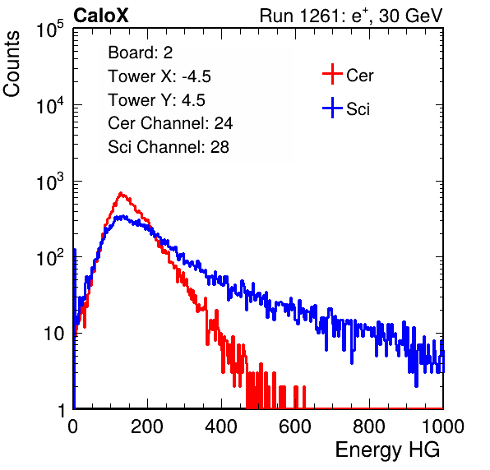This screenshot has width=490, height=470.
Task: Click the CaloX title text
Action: point(101,16)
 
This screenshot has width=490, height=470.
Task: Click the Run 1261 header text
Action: point(351,16)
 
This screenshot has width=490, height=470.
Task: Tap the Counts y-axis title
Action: point(12,64)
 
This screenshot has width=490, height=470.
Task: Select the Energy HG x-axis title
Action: point(387,450)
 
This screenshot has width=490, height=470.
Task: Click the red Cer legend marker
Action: point(332,74)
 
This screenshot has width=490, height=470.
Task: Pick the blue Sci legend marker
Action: point(332,108)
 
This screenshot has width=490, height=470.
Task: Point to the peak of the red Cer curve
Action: point(121,193)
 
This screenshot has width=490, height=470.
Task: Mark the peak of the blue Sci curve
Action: point(122,216)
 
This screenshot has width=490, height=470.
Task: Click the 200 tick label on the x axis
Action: point(147,426)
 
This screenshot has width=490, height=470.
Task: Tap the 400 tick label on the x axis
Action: point(221,426)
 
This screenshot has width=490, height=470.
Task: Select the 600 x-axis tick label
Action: point(295,426)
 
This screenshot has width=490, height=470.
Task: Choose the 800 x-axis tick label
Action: point(369,426)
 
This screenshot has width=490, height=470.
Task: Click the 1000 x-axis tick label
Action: point(443,426)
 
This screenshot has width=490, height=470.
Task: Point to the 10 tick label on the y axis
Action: point(54,334)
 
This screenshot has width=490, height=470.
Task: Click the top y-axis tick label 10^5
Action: point(50,30)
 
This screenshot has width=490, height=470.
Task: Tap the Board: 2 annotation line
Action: point(141,53)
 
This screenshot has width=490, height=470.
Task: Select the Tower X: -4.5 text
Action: point(159,76)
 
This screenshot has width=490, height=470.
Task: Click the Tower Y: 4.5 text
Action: point(156,100)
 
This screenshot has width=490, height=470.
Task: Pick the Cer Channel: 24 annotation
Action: point(170,123)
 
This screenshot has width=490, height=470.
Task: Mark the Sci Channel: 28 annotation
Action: point(169,147)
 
